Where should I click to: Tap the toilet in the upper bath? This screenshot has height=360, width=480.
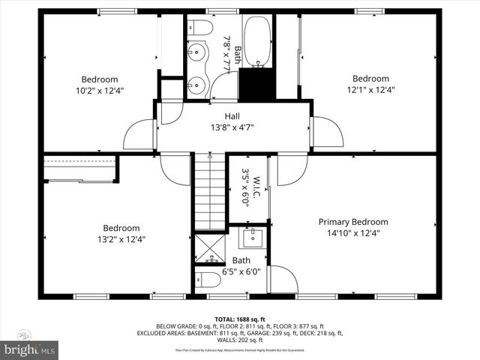point(198,28)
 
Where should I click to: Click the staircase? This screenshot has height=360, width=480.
point(210,191)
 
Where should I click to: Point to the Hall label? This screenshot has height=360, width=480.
point(232,116)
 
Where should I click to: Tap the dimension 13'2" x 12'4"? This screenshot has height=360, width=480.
point(121,240)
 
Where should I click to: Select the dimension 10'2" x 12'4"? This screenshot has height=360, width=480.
point(100,90)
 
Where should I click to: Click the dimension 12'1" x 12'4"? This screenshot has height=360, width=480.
point(370,90)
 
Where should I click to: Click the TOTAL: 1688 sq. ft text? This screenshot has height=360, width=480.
point(239,319)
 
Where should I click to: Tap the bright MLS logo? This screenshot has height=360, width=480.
point(30,349)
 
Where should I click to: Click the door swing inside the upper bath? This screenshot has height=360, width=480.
point(223,86)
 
